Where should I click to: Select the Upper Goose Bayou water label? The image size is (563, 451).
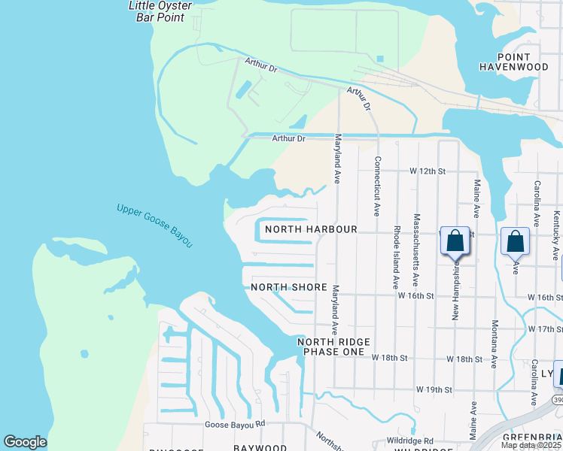[155, 225]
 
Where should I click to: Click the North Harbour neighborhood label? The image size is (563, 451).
[310, 229]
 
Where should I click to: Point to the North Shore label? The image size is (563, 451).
[289, 287]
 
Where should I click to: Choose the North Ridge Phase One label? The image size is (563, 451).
[333, 347]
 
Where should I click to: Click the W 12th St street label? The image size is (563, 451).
[428, 171]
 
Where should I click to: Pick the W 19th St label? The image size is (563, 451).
[434, 390]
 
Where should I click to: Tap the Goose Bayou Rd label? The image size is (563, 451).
[236, 424]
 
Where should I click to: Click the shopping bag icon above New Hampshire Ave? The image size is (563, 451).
[455, 241]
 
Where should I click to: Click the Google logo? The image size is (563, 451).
[25, 442]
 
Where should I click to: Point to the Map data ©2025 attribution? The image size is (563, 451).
[530, 445]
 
